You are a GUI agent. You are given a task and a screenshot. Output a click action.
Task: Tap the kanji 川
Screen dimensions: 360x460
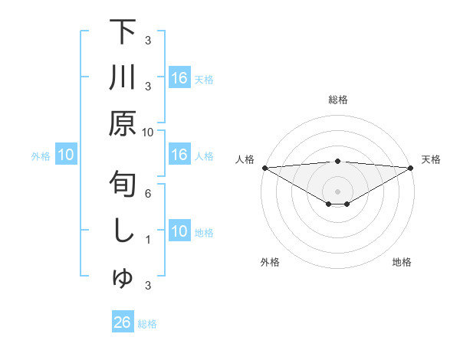pos(123,78)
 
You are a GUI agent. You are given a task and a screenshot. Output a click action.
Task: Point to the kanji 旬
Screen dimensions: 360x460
pos(123,185)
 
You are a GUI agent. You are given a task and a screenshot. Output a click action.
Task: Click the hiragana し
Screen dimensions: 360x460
pos(123,231)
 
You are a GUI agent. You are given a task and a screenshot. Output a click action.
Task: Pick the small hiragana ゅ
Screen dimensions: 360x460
pos(123,280)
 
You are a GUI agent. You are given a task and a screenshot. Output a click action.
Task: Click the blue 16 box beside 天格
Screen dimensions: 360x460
pos(179,78)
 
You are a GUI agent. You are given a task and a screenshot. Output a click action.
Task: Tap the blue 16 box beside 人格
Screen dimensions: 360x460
pos(179,155)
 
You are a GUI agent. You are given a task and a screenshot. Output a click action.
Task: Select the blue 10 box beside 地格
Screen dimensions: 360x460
pos(179,231)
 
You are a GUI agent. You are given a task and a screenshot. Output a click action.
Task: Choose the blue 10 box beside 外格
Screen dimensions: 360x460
pos(66,155)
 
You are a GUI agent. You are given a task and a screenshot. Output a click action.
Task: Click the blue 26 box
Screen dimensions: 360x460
pos(123,322)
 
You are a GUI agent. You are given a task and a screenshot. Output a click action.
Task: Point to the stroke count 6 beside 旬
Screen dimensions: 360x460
pos(148,194)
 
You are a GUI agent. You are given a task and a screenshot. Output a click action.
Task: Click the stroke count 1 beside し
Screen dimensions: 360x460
pos(148,240)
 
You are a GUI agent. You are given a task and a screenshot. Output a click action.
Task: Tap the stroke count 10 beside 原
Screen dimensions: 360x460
pos(148,133)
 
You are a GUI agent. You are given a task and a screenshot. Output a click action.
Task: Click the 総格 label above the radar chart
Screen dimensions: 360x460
pos(337,100)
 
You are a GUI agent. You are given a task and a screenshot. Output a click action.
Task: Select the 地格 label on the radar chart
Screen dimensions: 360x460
pos(402,262)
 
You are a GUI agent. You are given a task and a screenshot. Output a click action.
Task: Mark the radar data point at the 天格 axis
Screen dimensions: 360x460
pos(411,167)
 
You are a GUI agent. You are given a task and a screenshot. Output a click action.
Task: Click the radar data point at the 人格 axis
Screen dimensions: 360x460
pos(264,167)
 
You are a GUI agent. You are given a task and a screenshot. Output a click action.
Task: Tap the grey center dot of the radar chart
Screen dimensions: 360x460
pos(337,190)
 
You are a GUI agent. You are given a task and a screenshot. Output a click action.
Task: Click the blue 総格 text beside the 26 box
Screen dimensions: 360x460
pos(147,323)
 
